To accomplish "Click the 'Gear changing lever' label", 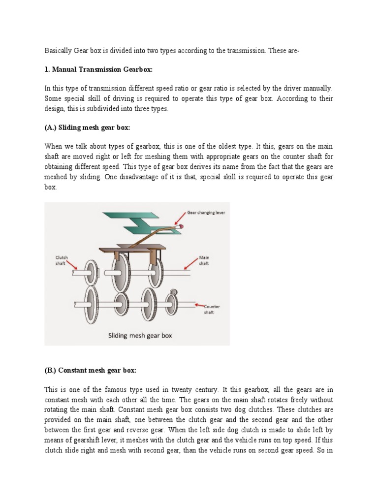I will [x=206, y=213].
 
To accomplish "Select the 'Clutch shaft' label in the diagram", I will [x=62, y=260].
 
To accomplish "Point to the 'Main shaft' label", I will [x=204, y=260].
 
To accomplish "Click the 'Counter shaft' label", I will [x=212, y=309].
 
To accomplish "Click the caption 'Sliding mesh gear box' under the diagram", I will [x=140, y=336].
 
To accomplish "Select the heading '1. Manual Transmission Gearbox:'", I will [x=99, y=70].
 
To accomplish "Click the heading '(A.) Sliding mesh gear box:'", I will [x=87, y=128].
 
